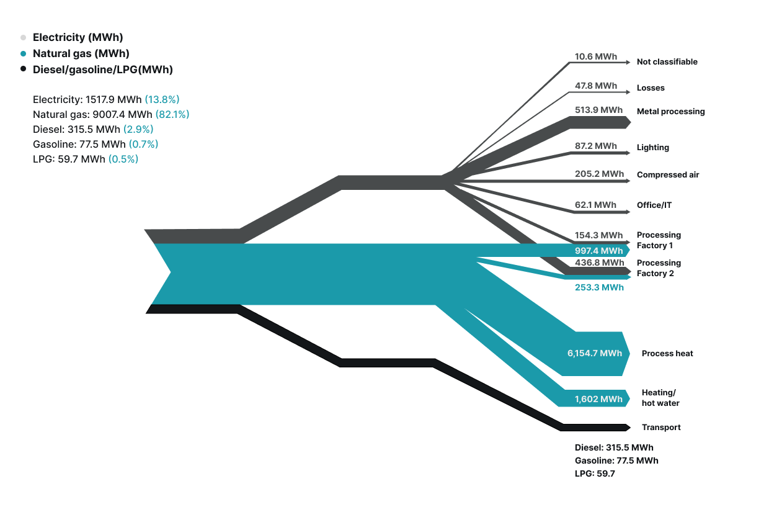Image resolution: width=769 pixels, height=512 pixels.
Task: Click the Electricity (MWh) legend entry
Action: [x=78, y=38]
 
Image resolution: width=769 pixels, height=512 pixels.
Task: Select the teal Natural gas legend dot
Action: [x=24, y=54]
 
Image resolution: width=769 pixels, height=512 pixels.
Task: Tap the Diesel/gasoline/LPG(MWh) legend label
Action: [x=102, y=70]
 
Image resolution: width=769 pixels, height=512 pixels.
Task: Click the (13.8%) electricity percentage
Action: [x=162, y=99]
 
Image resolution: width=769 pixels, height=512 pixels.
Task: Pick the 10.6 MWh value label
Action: [x=595, y=56]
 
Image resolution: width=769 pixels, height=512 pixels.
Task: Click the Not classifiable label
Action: [x=667, y=62]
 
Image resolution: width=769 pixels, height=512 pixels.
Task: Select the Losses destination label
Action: [x=651, y=88]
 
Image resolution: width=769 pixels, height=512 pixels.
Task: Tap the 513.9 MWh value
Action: [x=598, y=110]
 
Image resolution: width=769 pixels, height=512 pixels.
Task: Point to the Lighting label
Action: [x=652, y=148]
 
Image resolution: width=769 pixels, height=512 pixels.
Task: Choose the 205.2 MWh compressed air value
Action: [x=599, y=174]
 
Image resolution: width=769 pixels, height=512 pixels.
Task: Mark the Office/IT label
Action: [x=654, y=205]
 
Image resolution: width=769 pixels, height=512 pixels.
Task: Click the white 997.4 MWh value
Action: [x=598, y=251]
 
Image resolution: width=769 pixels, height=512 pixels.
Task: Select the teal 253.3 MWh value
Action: [x=598, y=287]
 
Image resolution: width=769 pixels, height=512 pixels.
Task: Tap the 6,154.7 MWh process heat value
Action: [x=594, y=353]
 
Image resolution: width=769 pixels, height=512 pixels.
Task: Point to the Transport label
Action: [x=660, y=428]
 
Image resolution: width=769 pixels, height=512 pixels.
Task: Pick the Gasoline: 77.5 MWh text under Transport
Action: [x=616, y=460]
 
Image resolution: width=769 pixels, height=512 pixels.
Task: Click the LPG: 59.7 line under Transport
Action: [x=594, y=474]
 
